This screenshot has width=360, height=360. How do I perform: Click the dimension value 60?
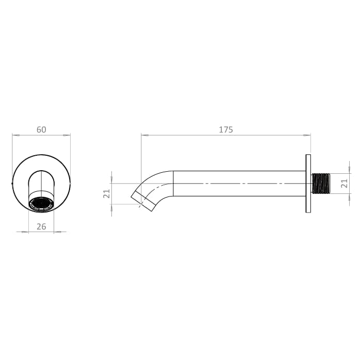[x=41, y=129]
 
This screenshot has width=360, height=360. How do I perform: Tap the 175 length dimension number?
[x=226, y=129]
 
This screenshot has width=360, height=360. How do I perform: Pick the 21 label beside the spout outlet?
[x=107, y=194]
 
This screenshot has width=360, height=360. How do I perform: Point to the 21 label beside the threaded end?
[x=346, y=183]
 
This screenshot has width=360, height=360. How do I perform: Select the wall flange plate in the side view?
[x=308, y=183]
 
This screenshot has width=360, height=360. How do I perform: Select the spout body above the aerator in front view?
[x=41, y=183]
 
